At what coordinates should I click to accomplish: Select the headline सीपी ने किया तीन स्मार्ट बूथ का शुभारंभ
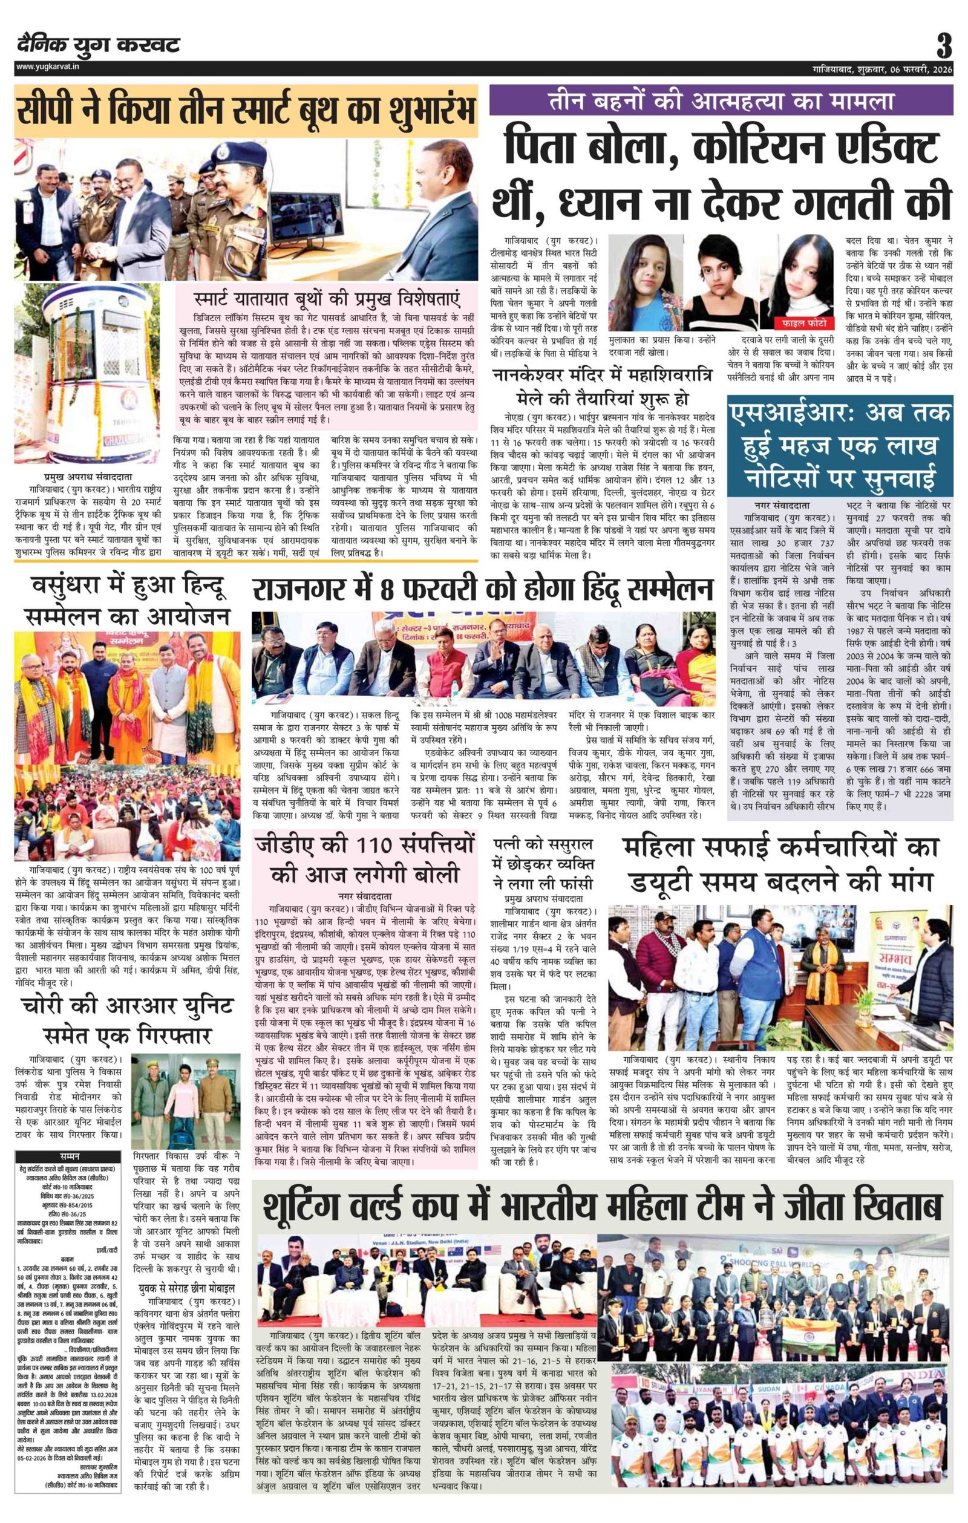tap(247, 111)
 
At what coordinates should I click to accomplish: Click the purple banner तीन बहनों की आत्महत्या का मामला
tap(721, 100)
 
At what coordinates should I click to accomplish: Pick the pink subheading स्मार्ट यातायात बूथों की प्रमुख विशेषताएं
tap(327, 298)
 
